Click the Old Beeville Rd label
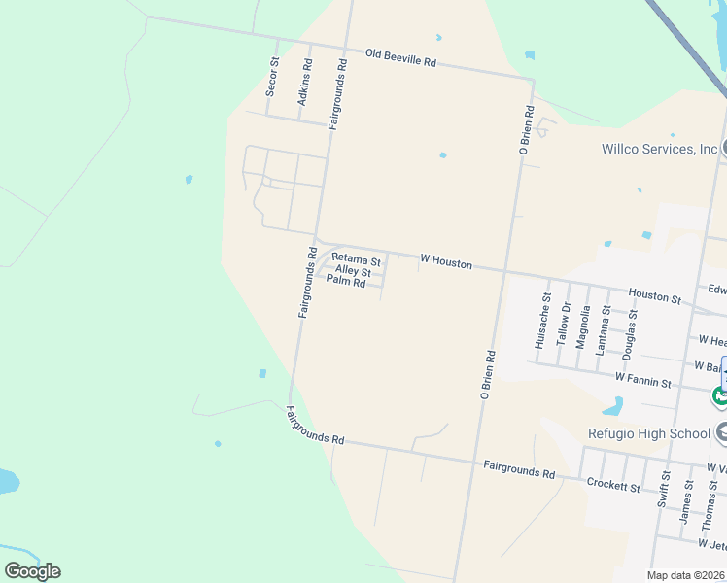(x=401, y=58)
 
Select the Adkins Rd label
(x=305, y=83)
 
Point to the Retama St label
(x=356, y=259)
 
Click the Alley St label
(x=353, y=271)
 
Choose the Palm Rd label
(x=346, y=282)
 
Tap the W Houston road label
(x=446, y=262)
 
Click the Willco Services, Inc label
(x=660, y=149)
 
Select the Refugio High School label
(x=648, y=433)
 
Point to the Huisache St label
(x=541, y=321)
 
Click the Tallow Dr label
(x=563, y=324)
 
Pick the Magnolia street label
(x=583, y=326)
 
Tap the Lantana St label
(x=605, y=328)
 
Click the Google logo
(x=32, y=571)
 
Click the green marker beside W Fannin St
(x=719, y=395)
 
